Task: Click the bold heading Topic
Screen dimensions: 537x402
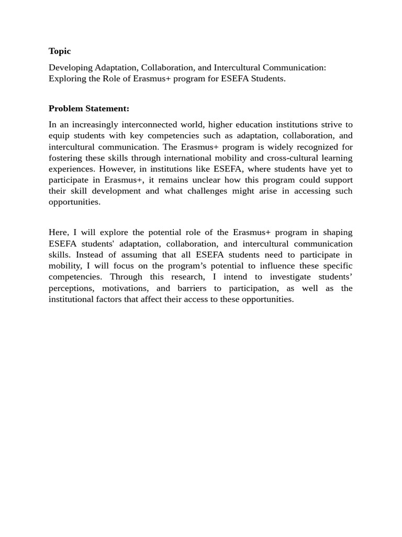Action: tap(60, 51)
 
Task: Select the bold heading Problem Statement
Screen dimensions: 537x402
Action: tap(88, 109)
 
